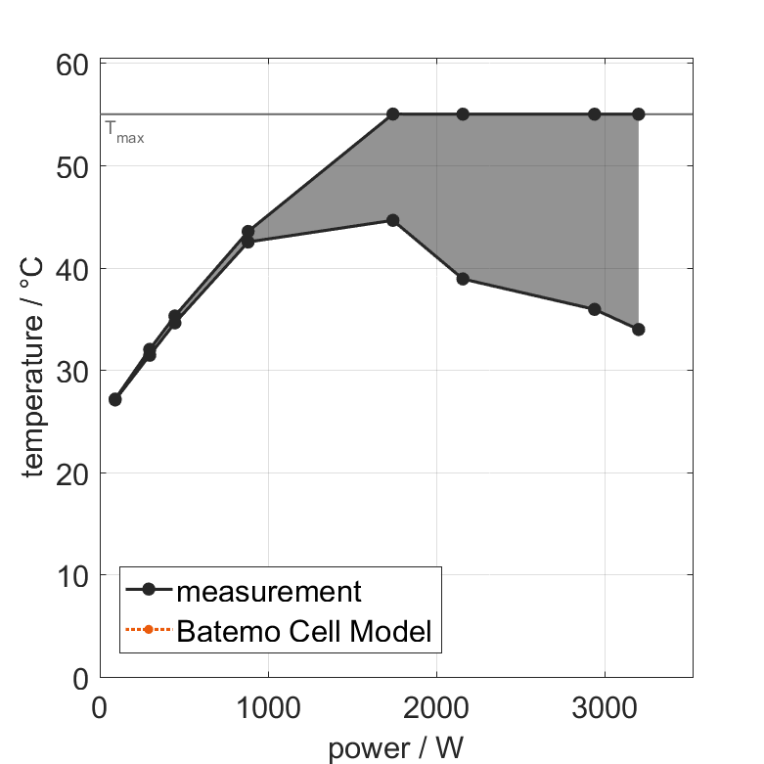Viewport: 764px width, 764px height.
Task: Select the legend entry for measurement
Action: pyautogui.click(x=268, y=591)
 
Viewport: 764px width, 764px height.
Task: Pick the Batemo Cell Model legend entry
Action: pyautogui.click(x=303, y=631)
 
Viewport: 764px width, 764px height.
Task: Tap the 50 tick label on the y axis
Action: pyautogui.click(x=74, y=166)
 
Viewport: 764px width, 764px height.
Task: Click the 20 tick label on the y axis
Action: pyautogui.click(x=74, y=473)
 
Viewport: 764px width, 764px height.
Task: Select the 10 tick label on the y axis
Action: pyautogui.click(x=74, y=576)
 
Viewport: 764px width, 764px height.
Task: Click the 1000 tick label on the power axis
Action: pyautogui.click(x=268, y=706)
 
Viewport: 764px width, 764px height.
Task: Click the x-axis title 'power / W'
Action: pyautogui.click(x=395, y=748)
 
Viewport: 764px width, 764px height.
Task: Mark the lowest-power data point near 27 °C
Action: pyautogui.click(x=115, y=399)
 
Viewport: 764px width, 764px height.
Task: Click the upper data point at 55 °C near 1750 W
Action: pyautogui.click(x=393, y=114)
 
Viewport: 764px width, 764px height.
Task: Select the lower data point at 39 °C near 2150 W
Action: pyautogui.click(x=463, y=279)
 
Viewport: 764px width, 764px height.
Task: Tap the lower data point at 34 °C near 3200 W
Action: pyautogui.click(x=639, y=330)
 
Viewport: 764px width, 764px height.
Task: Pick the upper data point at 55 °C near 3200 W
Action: pyautogui.click(x=639, y=114)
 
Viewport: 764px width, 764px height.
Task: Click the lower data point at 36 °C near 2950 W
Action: pyautogui.click(x=595, y=309)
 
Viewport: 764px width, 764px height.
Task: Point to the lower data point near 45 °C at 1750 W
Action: pyautogui.click(x=393, y=220)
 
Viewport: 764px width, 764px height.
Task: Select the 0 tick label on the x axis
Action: pyautogui.click(x=100, y=706)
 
